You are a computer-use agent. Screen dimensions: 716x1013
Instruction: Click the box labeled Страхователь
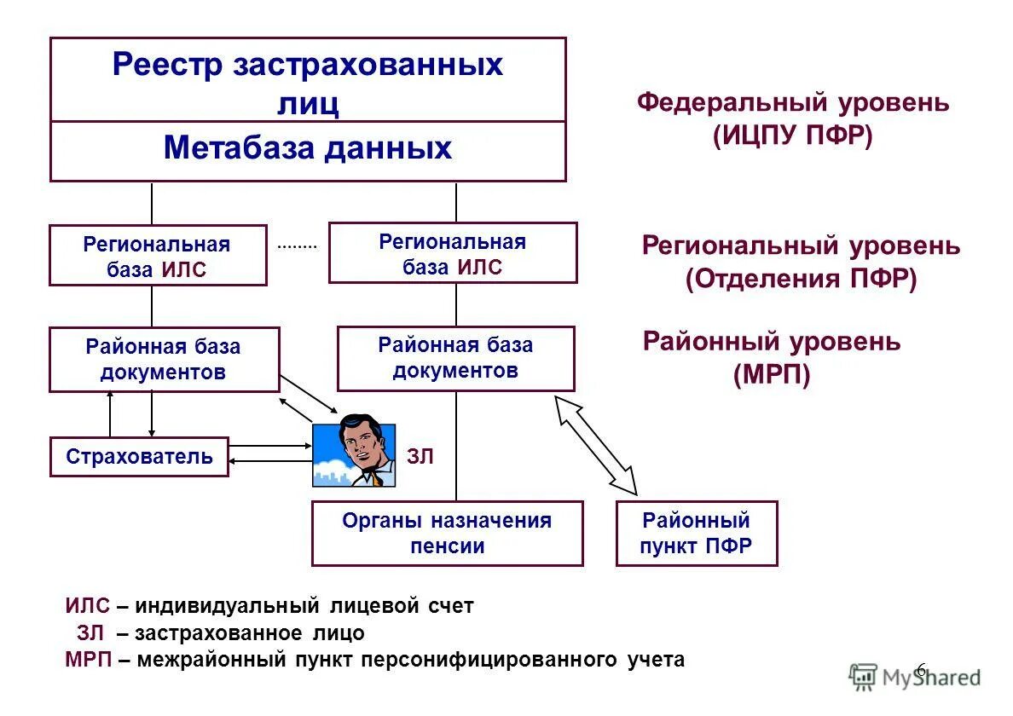[139, 457]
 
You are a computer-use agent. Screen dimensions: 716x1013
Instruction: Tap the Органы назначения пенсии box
[447, 534]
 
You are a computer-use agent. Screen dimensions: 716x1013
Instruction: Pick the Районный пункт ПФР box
[697, 534]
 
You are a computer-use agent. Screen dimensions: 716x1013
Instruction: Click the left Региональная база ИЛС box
[158, 256]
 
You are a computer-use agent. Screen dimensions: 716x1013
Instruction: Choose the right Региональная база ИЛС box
[453, 253]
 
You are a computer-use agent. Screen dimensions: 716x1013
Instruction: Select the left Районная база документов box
[164, 360]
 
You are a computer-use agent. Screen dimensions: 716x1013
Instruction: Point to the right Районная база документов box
[455, 358]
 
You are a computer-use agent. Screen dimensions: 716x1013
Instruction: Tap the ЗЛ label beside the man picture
[420, 457]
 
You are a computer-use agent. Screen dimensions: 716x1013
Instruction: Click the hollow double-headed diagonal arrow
[597, 445]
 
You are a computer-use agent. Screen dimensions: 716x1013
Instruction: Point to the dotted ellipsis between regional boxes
[297, 245]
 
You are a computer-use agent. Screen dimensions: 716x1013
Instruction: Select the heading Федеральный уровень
[792, 103]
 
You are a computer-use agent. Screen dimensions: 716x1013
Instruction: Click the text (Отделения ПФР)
[801, 280]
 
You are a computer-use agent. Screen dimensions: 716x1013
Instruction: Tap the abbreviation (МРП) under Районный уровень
[771, 375]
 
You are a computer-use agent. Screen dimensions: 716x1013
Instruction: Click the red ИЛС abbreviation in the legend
[87, 606]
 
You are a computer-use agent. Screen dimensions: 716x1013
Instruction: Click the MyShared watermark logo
[916, 677]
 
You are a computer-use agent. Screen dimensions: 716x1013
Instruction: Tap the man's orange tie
[376, 479]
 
